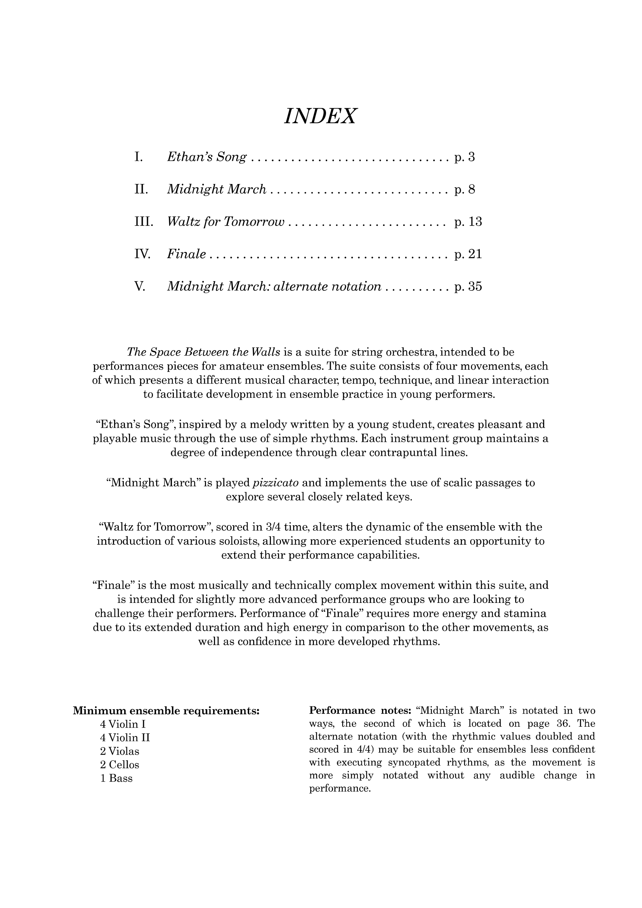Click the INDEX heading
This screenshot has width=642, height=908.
(320, 117)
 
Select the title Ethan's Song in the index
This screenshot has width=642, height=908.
(207, 157)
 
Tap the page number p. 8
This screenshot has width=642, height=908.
(465, 190)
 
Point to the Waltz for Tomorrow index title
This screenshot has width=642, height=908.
(226, 222)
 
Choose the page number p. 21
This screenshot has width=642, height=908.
(468, 254)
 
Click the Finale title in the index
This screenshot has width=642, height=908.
(186, 254)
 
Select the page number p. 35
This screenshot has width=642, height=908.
(468, 287)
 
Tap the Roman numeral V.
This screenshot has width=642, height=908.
(141, 287)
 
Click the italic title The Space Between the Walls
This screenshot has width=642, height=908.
(204, 352)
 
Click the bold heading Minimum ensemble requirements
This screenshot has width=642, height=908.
(166, 711)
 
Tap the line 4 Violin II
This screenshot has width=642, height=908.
(125, 738)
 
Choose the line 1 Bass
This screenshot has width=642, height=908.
(116, 778)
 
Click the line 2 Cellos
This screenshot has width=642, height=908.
(120, 764)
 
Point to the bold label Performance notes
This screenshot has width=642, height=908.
(361, 711)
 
